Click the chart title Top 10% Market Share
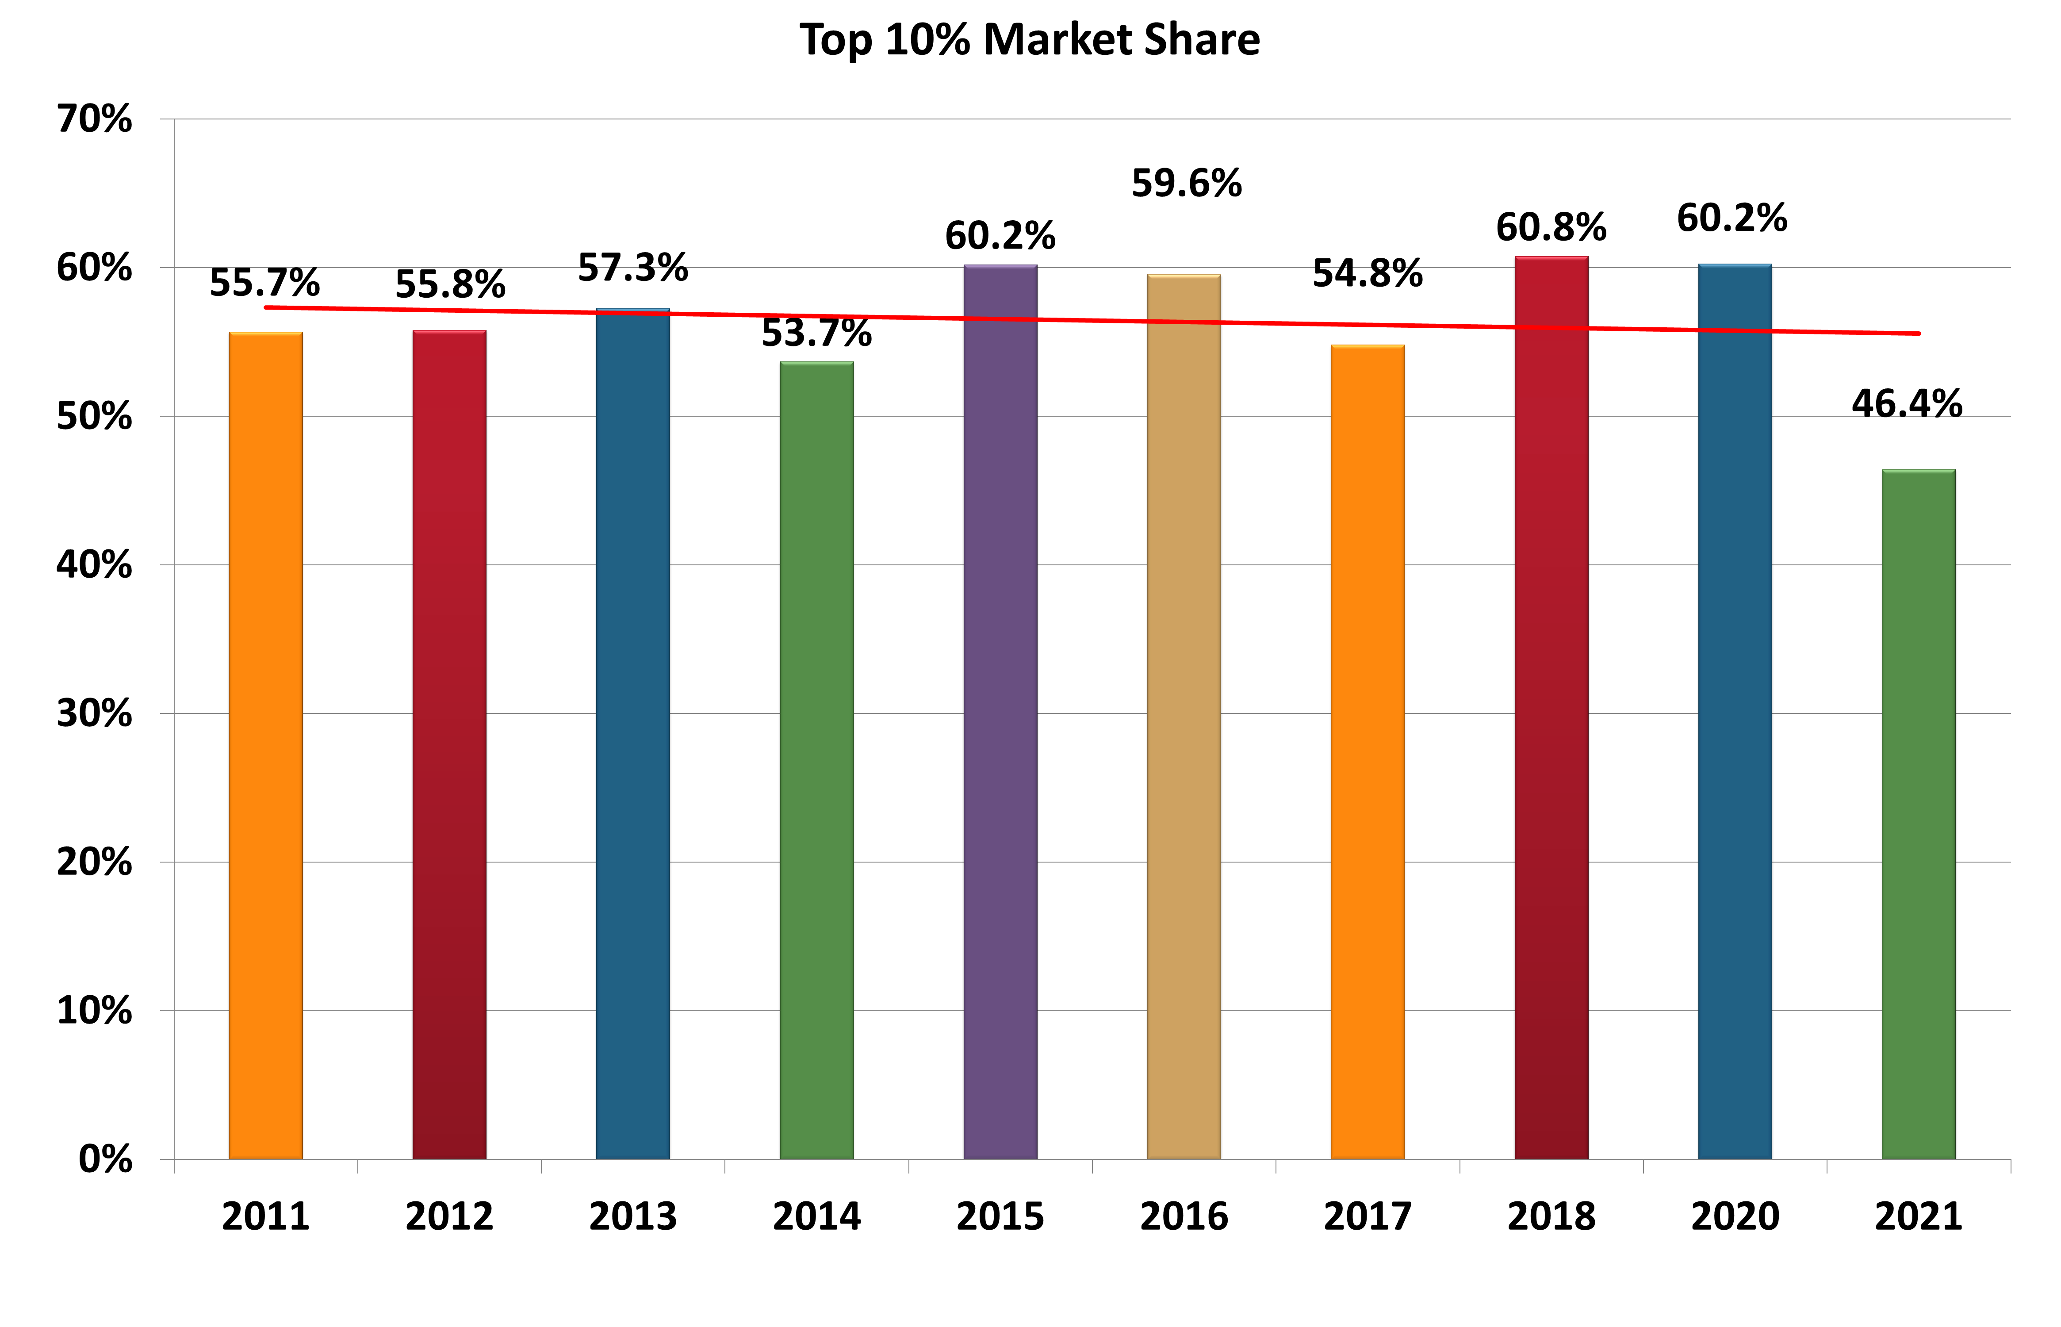point(1030,40)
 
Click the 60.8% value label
point(1551,227)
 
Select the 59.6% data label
point(1187,184)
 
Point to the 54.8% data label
point(1368,273)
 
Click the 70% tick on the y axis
point(95,119)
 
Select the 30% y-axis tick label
point(95,713)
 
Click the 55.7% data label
point(264,283)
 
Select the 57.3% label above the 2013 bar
point(632,268)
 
